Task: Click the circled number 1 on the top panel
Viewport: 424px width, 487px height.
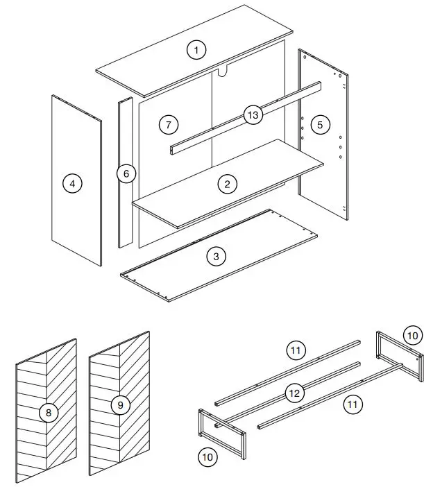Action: coord(197,49)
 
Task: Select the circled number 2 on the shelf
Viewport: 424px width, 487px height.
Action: coord(226,184)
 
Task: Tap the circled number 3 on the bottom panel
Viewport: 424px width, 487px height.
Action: coord(217,256)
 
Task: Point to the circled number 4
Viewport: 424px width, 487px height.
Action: coord(72,184)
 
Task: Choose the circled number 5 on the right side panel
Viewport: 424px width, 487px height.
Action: coord(320,124)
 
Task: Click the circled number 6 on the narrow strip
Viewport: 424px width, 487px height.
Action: coord(126,173)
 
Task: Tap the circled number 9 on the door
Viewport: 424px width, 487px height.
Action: coord(120,405)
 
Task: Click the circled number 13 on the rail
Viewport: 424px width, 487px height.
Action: coord(253,114)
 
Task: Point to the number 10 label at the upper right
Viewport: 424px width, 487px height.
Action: coord(412,335)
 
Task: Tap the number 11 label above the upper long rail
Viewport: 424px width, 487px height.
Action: coord(296,350)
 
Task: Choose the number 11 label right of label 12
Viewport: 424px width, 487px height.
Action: coord(354,403)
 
